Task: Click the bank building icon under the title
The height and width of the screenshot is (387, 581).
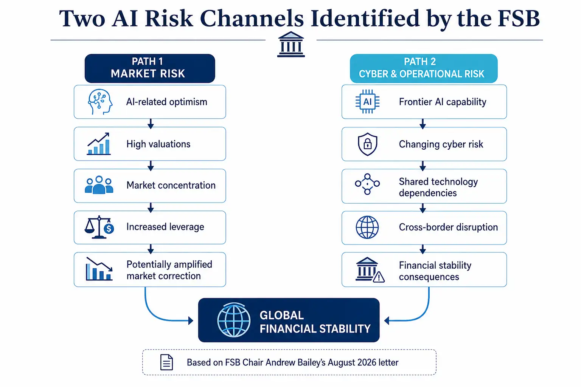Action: pos(291,44)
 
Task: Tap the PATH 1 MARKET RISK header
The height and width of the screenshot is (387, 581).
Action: pos(150,68)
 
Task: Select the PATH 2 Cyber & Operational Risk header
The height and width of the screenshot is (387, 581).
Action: pos(424,68)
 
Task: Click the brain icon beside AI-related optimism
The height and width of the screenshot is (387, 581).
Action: pos(100,102)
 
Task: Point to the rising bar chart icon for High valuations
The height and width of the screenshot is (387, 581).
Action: pos(99,144)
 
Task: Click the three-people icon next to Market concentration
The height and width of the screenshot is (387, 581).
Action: pos(99,185)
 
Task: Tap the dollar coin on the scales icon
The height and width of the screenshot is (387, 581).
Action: pos(109,228)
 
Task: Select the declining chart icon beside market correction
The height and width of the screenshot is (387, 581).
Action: pos(99,269)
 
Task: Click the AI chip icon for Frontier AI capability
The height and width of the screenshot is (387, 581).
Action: pos(367,102)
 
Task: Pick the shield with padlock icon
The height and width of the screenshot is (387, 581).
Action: pos(367,144)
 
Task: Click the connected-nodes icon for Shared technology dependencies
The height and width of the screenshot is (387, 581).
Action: pos(367,184)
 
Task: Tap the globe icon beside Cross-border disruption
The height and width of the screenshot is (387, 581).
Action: pos(367,227)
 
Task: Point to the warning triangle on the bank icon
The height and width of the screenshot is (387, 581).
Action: pos(379,277)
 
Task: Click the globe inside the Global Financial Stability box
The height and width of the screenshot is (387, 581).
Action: pos(234,320)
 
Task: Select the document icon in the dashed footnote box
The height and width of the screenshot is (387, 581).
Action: pos(166,362)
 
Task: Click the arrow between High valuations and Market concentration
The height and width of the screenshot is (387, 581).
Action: pos(151,166)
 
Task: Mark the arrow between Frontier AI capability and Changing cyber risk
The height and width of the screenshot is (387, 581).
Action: pos(423,124)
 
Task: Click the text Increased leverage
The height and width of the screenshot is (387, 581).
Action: pos(165,227)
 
